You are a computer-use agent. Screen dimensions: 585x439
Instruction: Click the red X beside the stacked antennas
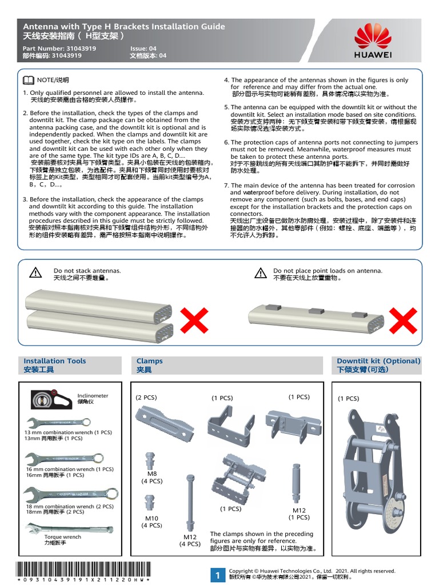(194, 319)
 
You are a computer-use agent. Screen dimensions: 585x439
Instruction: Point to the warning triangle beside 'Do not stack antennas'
(35, 273)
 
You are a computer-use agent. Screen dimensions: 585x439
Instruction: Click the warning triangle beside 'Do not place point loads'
(260, 273)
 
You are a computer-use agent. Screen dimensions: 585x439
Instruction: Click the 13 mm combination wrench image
(58, 423)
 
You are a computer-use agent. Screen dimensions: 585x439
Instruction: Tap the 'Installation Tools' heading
(55, 361)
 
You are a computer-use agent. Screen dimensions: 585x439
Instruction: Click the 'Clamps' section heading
(150, 361)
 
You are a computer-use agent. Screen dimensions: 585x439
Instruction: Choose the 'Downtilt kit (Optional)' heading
(378, 361)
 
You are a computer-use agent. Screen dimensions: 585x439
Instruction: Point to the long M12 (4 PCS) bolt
(189, 503)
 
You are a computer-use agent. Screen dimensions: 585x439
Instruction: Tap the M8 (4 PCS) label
(151, 477)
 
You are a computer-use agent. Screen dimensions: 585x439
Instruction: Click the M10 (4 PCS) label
(151, 522)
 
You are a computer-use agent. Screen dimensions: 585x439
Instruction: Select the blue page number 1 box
(218, 575)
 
